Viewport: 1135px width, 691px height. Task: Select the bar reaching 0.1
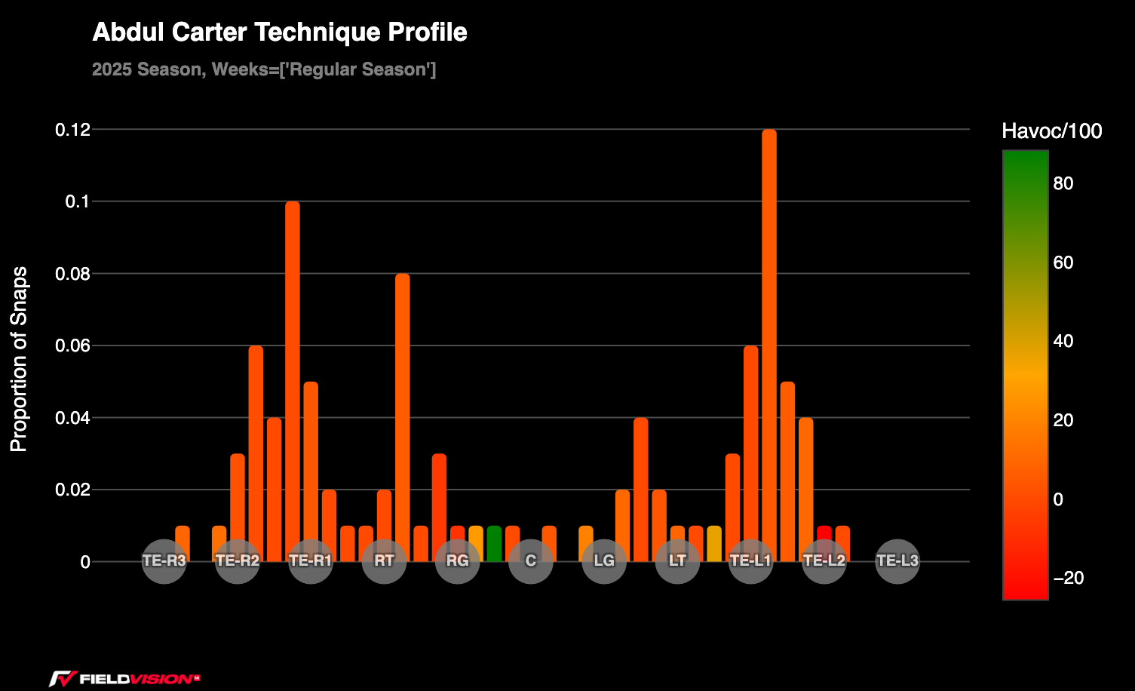[292, 381]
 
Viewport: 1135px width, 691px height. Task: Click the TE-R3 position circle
[164, 561]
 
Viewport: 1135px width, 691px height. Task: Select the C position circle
[531, 561]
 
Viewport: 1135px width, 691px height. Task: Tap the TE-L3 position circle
[897, 561]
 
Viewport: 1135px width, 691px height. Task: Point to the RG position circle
[458, 561]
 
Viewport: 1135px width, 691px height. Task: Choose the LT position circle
[677, 561]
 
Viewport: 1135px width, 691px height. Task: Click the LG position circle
[604, 561]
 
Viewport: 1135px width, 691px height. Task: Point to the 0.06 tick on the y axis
[72, 346]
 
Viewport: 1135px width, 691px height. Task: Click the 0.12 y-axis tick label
[72, 130]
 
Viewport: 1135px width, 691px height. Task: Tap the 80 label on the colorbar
[1063, 184]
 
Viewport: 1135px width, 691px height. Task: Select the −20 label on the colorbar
[1068, 578]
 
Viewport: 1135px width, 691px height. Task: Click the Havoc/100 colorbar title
[1051, 131]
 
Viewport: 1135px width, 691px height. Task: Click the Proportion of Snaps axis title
[19, 359]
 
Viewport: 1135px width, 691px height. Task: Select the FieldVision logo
[124, 678]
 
